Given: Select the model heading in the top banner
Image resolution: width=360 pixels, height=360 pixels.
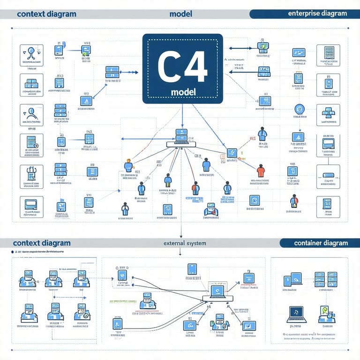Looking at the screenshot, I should pos(181,14).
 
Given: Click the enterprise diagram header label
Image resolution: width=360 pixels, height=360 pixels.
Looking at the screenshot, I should pos(317,14).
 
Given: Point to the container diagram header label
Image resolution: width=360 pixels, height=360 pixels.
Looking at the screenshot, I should pos(321,243).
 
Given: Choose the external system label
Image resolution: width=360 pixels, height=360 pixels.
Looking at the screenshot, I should pos(185,243).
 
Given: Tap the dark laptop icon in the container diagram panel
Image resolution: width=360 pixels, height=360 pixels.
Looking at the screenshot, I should pos(296,314).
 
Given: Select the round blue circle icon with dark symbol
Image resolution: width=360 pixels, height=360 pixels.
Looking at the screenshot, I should pos(299,110).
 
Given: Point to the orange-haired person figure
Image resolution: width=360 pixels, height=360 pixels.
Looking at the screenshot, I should pos(128,165).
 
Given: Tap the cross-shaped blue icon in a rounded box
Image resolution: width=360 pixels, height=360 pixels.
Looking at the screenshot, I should pos(328,112).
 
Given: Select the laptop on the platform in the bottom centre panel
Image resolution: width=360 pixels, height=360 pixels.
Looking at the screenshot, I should pos(217,292).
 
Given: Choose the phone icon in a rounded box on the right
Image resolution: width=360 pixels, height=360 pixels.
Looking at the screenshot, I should pos(328,82).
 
